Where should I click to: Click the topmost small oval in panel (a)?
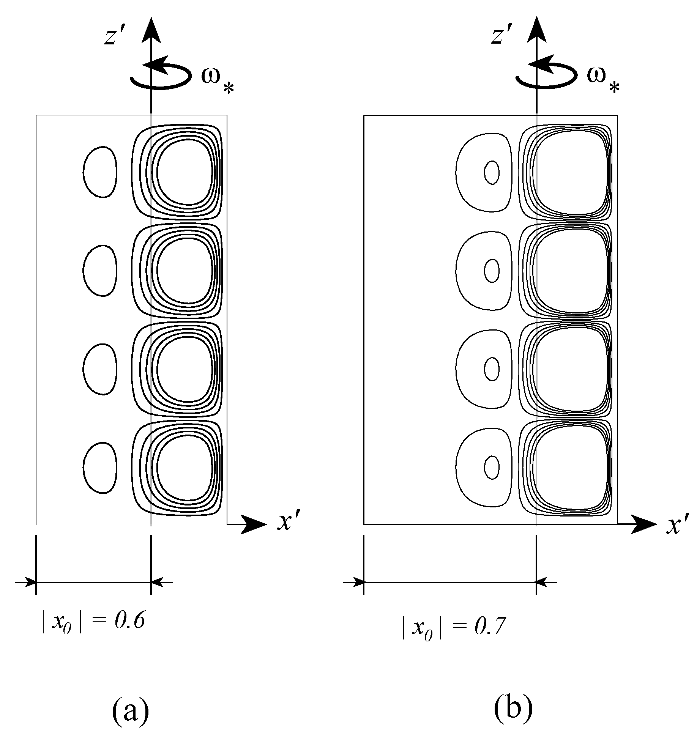[x=100, y=172]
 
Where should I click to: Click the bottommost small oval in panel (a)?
[x=100, y=468]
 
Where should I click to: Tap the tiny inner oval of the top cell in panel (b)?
[x=492, y=173]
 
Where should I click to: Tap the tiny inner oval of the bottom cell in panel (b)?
[x=492, y=468]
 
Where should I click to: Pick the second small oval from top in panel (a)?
[x=100, y=270]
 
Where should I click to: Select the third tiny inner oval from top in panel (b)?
[x=492, y=369]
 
